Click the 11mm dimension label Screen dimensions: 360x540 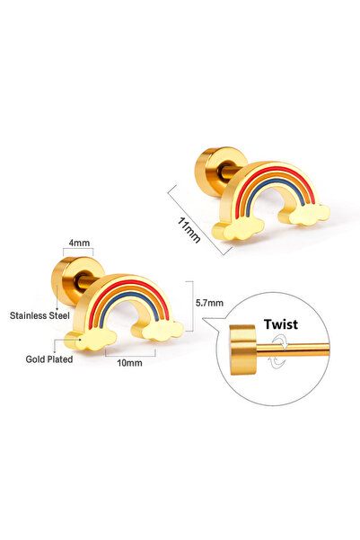coord(189,230)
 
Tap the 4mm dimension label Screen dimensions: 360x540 coord(79,243)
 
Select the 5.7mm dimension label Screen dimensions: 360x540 coord(209,303)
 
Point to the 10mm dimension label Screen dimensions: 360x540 coord(129,363)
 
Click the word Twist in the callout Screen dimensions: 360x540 coord(281,324)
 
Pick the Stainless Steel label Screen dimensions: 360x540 coord(40,315)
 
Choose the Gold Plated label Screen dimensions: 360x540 coord(49,359)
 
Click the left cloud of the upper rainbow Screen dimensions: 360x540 coord(238,229)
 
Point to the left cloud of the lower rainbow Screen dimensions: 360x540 coord(92,339)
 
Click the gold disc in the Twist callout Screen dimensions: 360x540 coord(243,350)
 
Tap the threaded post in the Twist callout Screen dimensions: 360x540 coord(293,350)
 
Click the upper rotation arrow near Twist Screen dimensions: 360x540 coord(280,342)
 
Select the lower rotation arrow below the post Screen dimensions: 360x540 coord(277,362)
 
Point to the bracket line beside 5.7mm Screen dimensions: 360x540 coord(192,306)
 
